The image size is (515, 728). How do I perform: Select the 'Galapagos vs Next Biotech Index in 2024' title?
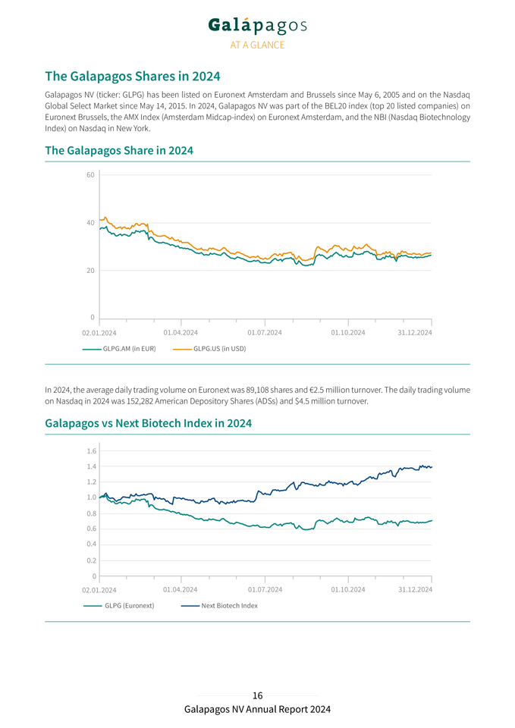tap(149, 422)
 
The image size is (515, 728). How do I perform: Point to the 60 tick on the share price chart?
tap(89, 175)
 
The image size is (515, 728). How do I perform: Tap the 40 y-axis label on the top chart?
tap(89, 223)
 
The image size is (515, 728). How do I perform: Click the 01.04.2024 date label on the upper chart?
tap(181, 332)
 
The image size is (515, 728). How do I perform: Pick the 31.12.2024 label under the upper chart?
tap(415, 332)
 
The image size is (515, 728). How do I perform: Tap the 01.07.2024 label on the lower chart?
tap(265, 589)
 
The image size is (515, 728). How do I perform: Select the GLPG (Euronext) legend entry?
tap(129, 606)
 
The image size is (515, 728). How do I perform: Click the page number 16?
tap(258, 695)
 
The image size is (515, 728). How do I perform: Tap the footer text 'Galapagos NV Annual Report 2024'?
tap(257, 709)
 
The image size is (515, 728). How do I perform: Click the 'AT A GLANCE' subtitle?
tap(258, 45)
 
